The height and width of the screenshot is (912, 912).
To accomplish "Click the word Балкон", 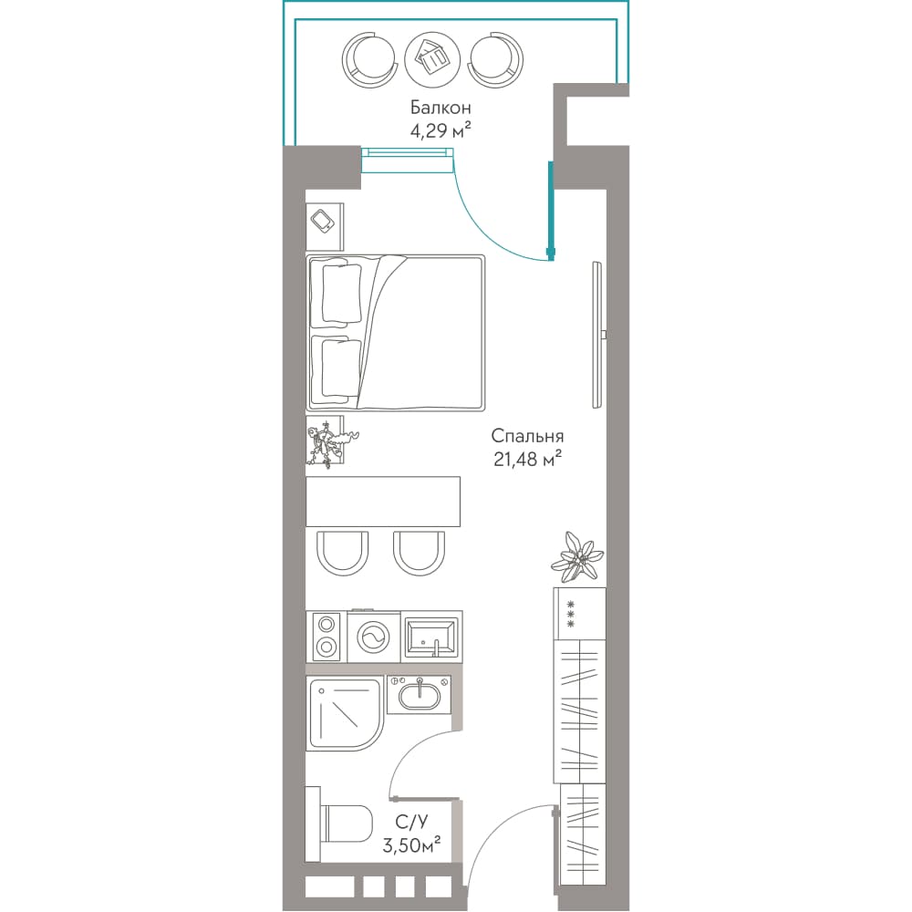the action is pos(440,108).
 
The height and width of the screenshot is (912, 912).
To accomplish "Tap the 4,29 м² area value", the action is pos(440,130).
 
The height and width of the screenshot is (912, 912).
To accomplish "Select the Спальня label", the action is pos(527,436).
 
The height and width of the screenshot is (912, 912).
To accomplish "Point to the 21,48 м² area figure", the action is pos(527,459).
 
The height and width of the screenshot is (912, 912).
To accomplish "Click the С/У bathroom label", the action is pos(411,822).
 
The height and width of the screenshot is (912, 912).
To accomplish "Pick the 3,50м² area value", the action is pos(410,845).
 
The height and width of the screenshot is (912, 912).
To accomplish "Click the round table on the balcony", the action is pos(432,59).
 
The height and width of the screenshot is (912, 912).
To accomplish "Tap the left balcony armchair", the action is pos(369,59).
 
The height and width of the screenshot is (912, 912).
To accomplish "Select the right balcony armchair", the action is pos(495,59).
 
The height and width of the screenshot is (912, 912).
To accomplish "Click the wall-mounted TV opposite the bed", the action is pos(598,335).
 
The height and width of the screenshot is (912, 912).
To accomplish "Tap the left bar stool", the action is pos(343,554).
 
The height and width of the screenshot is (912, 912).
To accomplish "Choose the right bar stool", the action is pos(419,554).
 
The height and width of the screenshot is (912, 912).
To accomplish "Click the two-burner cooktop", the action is pos(326,637).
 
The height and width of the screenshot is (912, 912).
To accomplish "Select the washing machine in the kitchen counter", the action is pos(373,637).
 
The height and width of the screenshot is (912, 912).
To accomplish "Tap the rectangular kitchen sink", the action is pos(431,637).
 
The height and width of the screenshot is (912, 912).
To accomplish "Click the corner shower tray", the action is pos(346,713).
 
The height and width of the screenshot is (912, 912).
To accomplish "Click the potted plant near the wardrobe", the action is pos(577,557).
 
